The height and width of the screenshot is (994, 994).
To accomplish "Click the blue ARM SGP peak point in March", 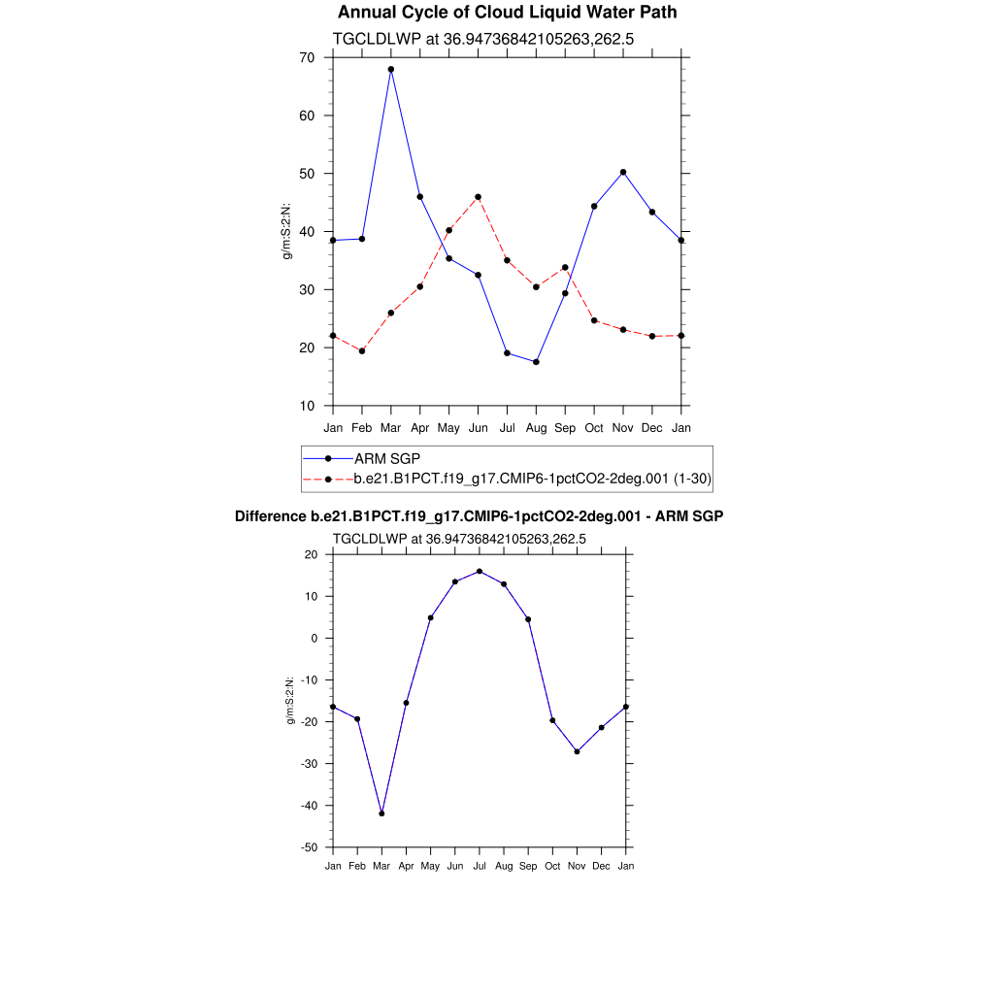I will (x=391, y=70).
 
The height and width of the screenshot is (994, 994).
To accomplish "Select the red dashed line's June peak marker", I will (x=478, y=197).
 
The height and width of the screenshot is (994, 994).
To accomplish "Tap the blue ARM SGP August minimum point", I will (x=536, y=362).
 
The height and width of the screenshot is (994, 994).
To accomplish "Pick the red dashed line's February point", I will (x=362, y=351).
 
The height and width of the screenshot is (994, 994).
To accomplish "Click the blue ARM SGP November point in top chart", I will (x=623, y=172).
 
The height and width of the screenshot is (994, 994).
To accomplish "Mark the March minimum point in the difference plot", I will (x=381, y=813).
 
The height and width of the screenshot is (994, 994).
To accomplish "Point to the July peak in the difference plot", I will (x=480, y=571).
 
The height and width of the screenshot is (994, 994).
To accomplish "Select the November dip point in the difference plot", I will (x=578, y=751).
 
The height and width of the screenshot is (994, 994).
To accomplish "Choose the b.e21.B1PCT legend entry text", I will (x=533, y=479).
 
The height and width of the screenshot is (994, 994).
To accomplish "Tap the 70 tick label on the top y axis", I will (x=307, y=57).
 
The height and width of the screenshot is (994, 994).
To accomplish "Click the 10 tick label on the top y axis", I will (x=307, y=406).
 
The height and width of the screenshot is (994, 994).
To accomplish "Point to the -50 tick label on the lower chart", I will (x=310, y=847).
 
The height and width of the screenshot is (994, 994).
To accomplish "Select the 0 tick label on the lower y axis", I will (x=315, y=638).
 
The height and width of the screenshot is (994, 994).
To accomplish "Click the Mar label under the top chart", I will (x=391, y=428).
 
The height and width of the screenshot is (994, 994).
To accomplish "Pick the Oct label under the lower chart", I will (x=552, y=865).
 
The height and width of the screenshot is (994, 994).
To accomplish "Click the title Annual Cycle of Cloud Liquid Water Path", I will (x=508, y=13).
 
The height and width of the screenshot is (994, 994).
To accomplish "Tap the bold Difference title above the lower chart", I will (x=480, y=516).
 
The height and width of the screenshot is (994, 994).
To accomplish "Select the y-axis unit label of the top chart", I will (x=286, y=232).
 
